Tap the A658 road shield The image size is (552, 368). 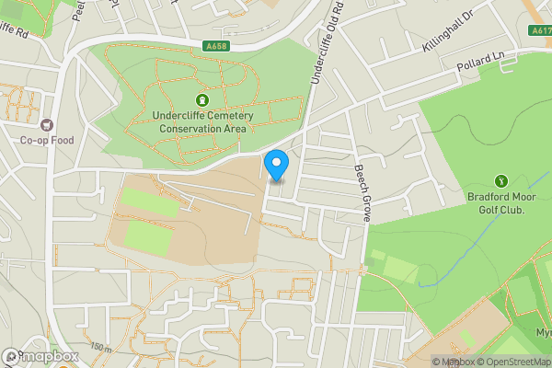(x=216, y=46)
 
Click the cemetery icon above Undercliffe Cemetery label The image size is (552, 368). (x=201, y=99)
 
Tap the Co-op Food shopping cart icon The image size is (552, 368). (x=46, y=124)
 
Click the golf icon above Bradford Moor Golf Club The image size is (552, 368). (x=501, y=181)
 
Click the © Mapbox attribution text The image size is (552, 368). (x=452, y=362)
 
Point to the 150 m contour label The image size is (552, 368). (x=101, y=347)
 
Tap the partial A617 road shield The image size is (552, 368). (x=542, y=30)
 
